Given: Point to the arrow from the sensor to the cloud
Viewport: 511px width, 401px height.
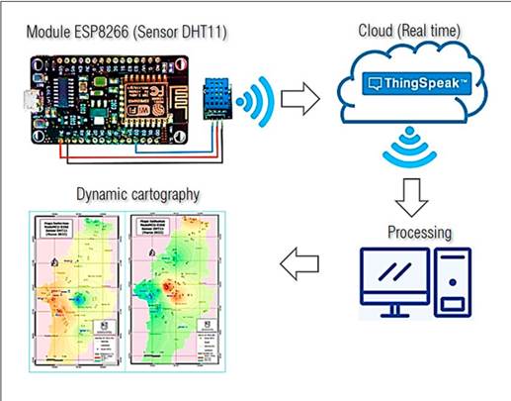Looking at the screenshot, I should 300,99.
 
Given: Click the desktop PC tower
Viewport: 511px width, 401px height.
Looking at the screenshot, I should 453,281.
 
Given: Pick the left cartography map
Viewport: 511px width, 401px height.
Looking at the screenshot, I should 77,292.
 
